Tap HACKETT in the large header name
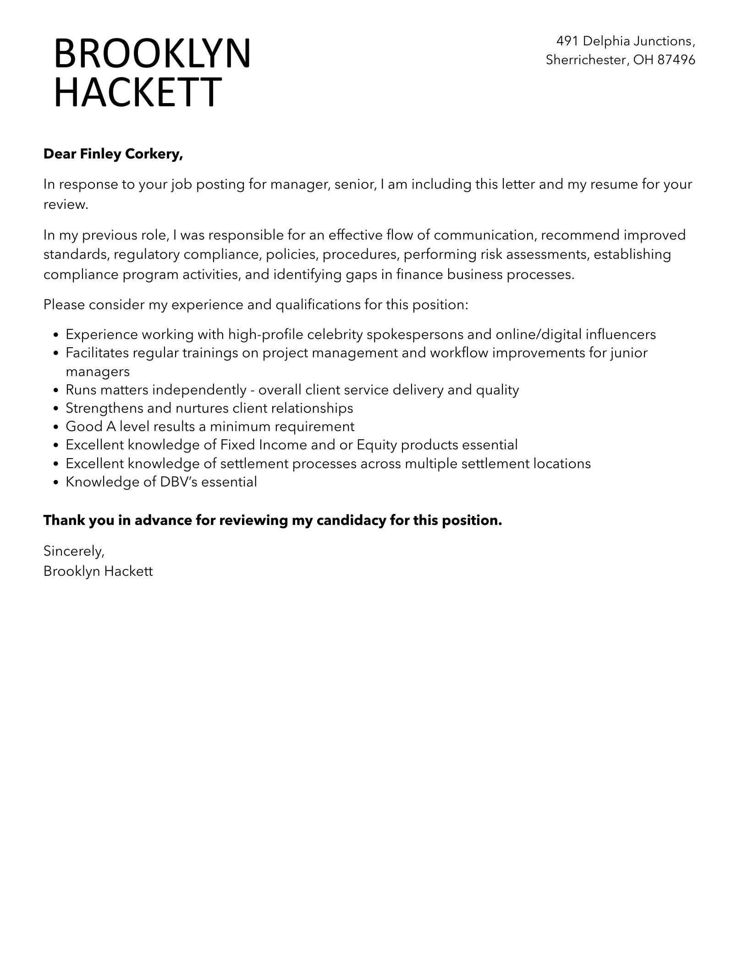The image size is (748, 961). [x=137, y=92]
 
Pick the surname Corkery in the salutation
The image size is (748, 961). [x=154, y=154]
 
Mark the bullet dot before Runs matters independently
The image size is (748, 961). [x=56, y=390]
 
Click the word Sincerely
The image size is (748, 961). [x=73, y=551]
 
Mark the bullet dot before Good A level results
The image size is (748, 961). [x=56, y=427]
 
